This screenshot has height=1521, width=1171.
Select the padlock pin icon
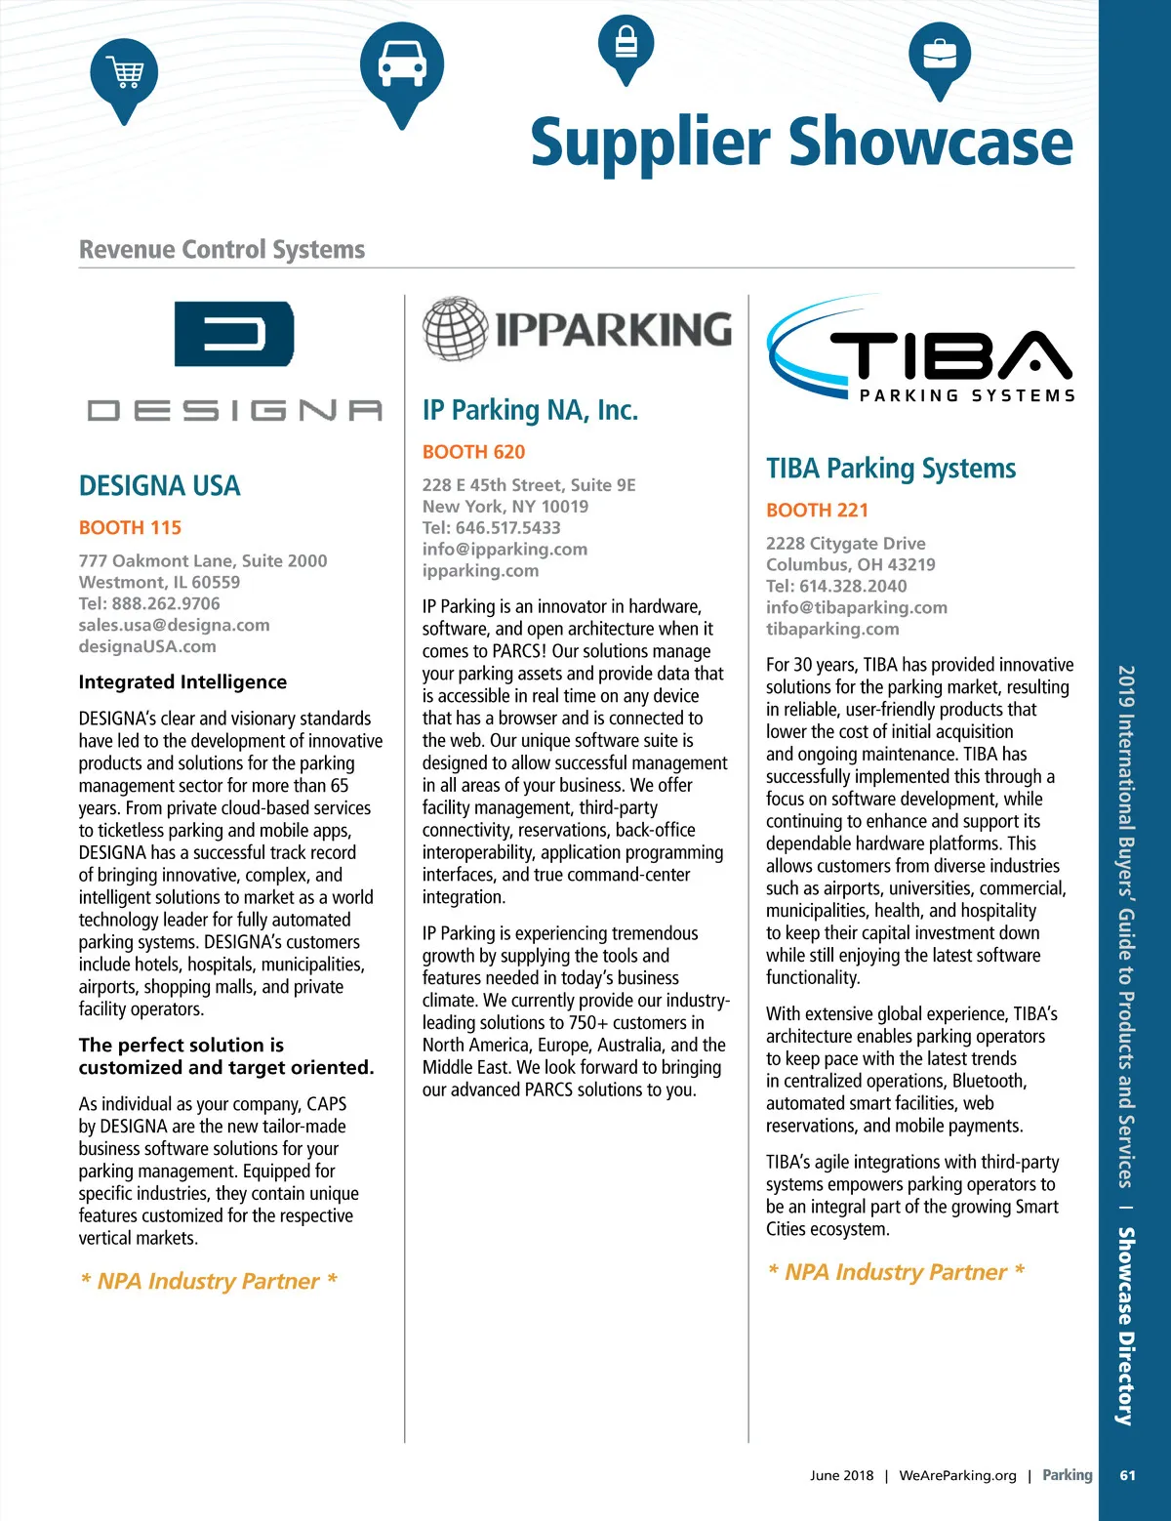[626, 45]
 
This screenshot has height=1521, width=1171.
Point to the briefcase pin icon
[939, 56]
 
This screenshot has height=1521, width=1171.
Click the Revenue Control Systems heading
[222, 250]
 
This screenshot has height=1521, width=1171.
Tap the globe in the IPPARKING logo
[455, 329]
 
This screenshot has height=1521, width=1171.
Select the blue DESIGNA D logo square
[233, 334]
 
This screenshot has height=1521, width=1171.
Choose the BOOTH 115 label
[130, 528]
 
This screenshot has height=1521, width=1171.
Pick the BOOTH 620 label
[473, 452]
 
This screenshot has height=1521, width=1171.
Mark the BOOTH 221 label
[817, 511]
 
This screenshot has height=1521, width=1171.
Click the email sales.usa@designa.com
[174, 625]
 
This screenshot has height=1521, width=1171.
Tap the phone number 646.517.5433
[507, 528]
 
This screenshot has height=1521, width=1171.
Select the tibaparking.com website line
[832, 630]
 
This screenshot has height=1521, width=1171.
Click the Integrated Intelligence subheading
[182, 682]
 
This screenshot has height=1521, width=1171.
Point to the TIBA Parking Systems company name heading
[890, 469]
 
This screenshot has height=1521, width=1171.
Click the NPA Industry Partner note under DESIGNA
[209, 1281]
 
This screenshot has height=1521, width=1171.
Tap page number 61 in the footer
[1127, 1475]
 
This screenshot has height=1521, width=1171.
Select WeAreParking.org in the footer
[957, 1475]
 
